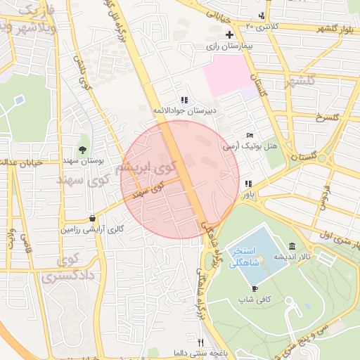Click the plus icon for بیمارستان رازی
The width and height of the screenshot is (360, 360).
pyautogui.click(x=229, y=34)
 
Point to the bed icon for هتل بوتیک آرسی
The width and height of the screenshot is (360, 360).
pyautogui.click(x=250, y=135)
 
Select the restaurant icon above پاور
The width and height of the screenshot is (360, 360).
pyautogui.click(x=247, y=184)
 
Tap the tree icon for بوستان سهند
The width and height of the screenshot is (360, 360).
pyautogui.click(x=83, y=149)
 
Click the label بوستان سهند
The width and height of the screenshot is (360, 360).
pyautogui.click(x=87, y=160)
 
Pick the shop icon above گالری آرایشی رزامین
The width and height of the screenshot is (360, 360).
pyautogui.click(x=94, y=218)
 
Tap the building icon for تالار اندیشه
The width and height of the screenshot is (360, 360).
pyautogui.click(x=292, y=246)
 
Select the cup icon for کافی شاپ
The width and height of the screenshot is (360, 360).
pyautogui.click(x=255, y=288)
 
